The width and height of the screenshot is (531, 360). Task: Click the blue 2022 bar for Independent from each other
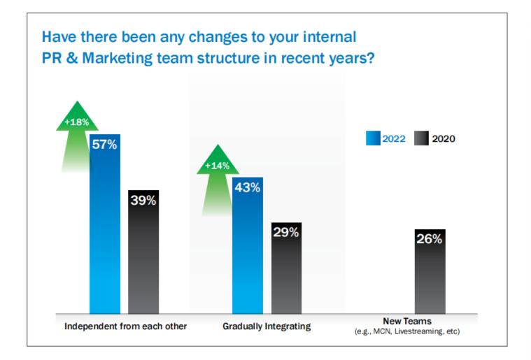pyautogui.click(x=105, y=231)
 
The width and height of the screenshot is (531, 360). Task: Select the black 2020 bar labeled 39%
pyautogui.click(x=143, y=259)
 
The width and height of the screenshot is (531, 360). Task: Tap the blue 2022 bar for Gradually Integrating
pyautogui.click(x=247, y=252)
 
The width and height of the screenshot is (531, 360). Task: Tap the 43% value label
pyautogui.click(x=247, y=187)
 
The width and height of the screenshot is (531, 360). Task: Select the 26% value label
pyautogui.click(x=430, y=239)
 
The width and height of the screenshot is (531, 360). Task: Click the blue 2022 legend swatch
pyautogui.click(x=372, y=138)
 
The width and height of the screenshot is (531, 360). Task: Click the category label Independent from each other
pyautogui.click(x=125, y=326)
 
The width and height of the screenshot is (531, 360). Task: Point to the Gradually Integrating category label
pyautogui.click(x=267, y=326)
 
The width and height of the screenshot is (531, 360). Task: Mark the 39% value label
pyautogui.click(x=143, y=201)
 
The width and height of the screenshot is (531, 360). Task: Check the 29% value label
pyautogui.click(x=285, y=233)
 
